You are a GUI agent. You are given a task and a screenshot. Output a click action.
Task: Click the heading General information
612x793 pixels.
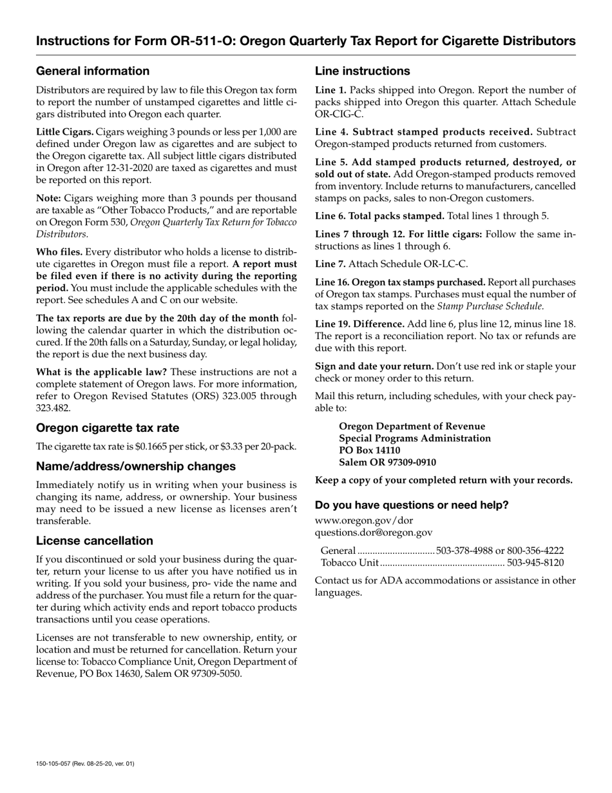click(93, 71)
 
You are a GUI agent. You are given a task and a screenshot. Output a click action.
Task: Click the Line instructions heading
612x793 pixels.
click(362, 71)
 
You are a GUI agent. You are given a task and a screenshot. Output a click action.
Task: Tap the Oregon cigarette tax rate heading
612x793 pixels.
click(108, 428)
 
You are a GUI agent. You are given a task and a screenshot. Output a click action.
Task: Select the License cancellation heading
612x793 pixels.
click(95, 541)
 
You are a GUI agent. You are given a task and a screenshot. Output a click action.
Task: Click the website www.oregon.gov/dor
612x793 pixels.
click(364, 520)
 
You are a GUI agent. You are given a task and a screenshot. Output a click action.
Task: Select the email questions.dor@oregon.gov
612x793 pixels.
click(374, 533)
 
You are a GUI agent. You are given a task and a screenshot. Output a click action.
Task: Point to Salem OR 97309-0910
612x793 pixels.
click(387, 462)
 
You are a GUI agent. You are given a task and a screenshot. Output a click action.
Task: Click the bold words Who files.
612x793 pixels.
click(59, 252)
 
